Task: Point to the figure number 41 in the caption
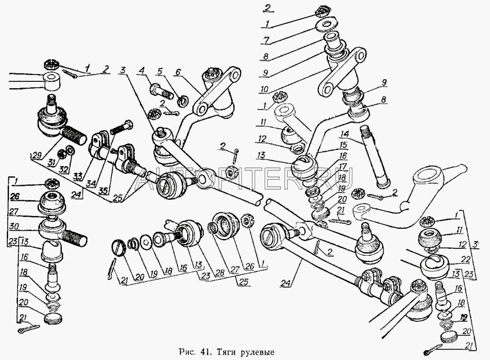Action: (205, 352)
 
